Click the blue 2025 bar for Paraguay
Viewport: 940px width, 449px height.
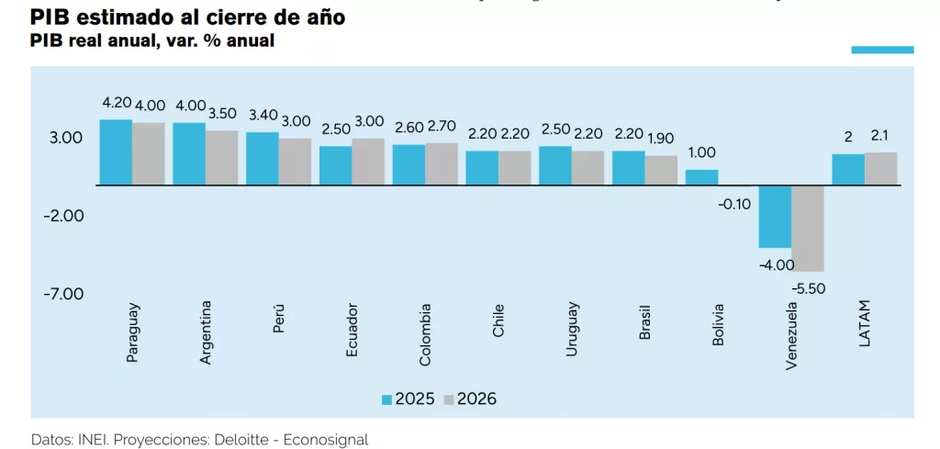click(116, 152)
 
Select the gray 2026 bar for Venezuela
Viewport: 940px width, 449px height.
click(808, 228)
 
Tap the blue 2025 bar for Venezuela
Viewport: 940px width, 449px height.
click(775, 217)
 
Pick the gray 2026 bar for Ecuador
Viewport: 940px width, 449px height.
click(368, 162)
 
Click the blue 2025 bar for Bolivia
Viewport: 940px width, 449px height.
click(702, 177)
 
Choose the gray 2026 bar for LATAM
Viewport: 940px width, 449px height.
click(881, 169)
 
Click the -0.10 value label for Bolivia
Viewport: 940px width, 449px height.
click(737, 203)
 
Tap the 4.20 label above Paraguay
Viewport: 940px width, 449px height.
click(117, 105)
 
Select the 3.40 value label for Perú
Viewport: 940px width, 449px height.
click(263, 116)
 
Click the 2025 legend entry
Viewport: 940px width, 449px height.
click(408, 398)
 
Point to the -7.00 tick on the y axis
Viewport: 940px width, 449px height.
click(64, 294)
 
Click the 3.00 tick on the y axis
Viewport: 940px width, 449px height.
click(67, 138)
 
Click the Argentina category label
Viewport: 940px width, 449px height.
click(206, 332)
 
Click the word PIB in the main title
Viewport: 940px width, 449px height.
click(49, 17)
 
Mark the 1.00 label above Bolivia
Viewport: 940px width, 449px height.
click(702, 152)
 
